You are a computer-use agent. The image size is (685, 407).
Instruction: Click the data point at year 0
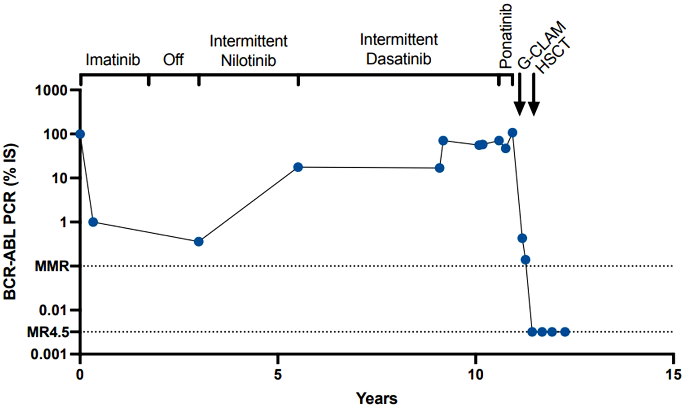click(x=80, y=134)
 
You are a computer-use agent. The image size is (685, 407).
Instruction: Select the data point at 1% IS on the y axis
click(x=93, y=222)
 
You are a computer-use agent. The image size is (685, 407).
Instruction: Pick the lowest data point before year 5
click(x=199, y=242)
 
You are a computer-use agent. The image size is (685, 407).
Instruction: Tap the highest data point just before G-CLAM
click(x=512, y=133)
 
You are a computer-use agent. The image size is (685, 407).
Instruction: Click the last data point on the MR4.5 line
click(x=565, y=332)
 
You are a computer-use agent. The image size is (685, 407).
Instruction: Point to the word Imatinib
click(x=113, y=60)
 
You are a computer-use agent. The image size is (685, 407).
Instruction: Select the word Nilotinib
click(x=249, y=61)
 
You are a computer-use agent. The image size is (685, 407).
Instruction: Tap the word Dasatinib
click(x=399, y=59)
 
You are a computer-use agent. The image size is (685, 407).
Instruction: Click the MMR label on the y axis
click(x=52, y=266)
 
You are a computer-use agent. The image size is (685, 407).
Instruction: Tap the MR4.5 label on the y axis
click(x=47, y=332)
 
